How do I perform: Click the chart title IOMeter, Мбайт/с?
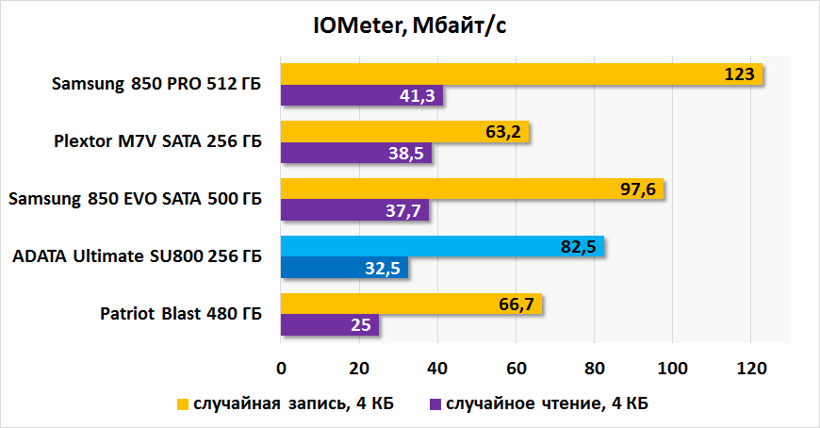410,25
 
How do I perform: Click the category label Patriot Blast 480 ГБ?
181,315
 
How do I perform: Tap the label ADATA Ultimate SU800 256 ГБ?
138,257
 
